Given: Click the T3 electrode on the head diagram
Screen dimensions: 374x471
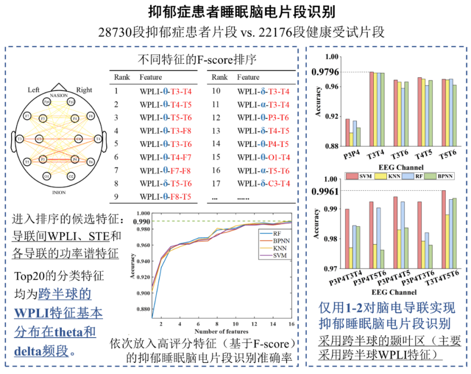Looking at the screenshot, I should click(x=20, y=139).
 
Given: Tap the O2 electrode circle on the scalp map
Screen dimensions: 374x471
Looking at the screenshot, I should click(x=71, y=176).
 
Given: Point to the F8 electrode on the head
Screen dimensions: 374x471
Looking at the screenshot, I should click(x=90, y=116).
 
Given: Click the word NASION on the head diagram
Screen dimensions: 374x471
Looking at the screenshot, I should click(x=59, y=95).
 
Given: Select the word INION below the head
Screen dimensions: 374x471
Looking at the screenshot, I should click(x=59, y=193).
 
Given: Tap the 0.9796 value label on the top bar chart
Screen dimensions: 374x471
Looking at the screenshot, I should click(x=325, y=72).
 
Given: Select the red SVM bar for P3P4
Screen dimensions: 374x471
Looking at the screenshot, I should click(x=347, y=132).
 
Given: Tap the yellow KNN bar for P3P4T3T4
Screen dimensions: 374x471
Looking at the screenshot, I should click(x=351, y=258).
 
